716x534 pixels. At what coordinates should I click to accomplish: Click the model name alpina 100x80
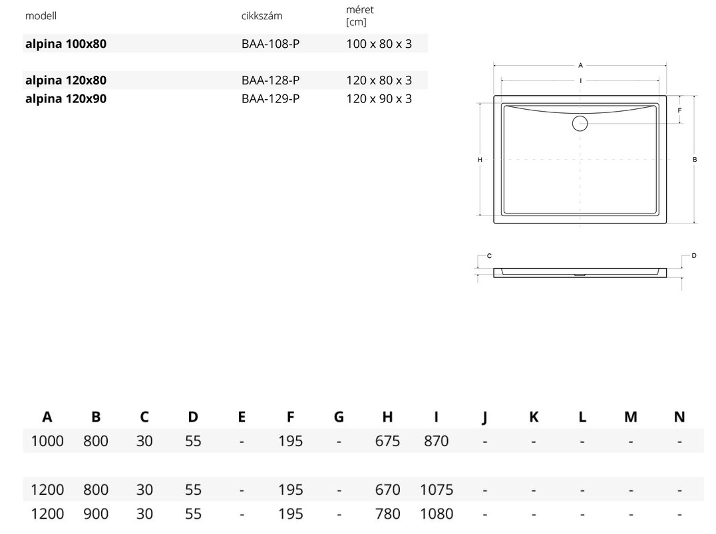pos(66,44)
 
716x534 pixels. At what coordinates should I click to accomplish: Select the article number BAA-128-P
pos(270,80)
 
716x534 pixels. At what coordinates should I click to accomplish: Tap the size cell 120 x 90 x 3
pos(379,98)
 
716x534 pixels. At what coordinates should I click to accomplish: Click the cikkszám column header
pos(262,16)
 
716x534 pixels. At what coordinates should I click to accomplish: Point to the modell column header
pos(41,16)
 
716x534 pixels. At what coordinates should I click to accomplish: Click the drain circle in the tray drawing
pos(580,116)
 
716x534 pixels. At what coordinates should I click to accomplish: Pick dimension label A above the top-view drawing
pos(580,65)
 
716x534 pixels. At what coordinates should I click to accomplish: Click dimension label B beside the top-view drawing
pos(695,160)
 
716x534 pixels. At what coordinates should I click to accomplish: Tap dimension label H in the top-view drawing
pos(480,160)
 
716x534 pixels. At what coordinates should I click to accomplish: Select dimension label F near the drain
pos(679,110)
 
